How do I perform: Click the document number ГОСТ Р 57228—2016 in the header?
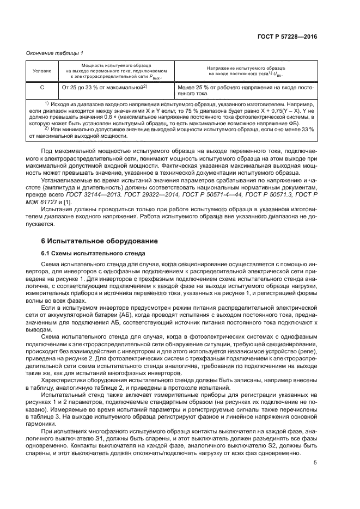point(288,38)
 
